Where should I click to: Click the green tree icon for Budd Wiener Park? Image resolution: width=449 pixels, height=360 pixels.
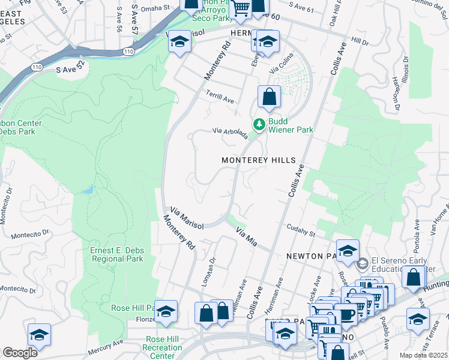click(259, 124)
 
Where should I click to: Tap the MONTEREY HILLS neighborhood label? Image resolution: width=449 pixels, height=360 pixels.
click(259, 160)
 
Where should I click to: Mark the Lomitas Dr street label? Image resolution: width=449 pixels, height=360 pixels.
click(208, 274)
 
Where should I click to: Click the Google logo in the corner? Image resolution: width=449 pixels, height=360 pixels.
click(20, 353)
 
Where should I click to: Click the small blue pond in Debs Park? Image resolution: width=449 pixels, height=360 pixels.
click(89, 190)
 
